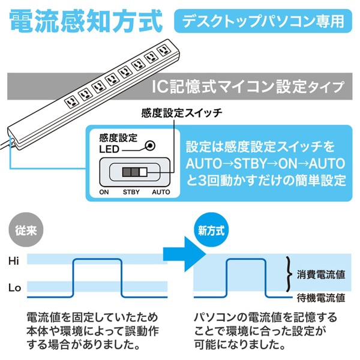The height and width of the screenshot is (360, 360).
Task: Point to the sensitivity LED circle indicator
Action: (151, 145)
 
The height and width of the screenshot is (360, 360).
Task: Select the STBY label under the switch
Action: (132, 193)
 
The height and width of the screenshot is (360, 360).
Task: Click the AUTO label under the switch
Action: (160, 193)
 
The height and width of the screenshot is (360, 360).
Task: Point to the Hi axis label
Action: (14, 261)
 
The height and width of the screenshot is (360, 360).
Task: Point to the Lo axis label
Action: (14, 288)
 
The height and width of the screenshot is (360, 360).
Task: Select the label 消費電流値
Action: (321, 275)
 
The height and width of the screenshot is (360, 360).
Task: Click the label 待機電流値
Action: (321, 297)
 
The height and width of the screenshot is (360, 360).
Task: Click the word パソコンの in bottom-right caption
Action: (222, 317)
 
